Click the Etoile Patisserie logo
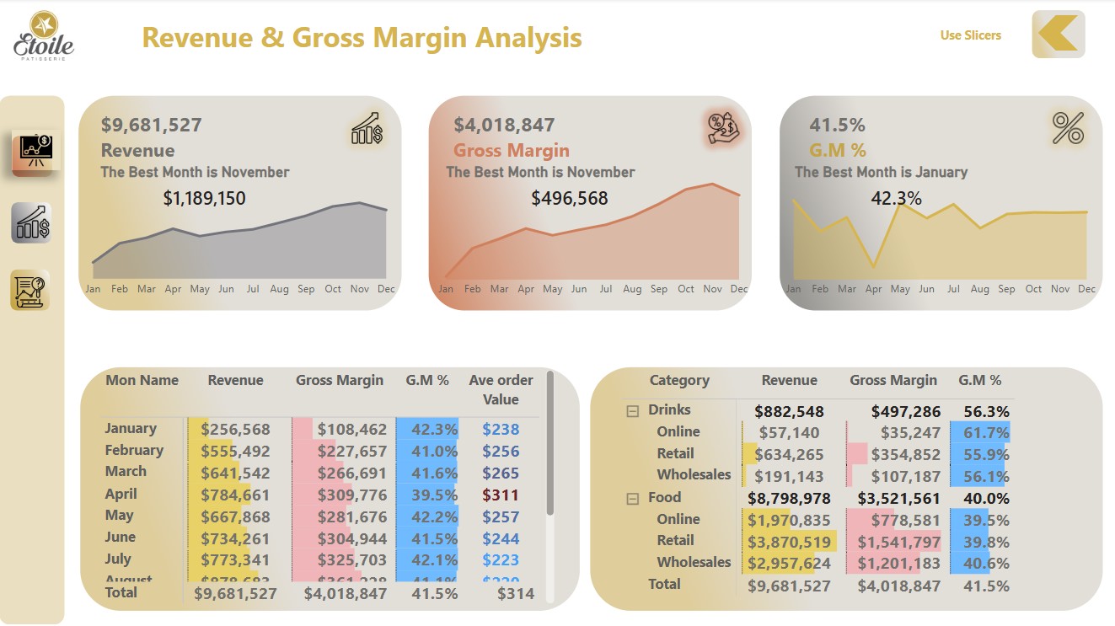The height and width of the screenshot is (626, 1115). pyautogui.click(x=44, y=36)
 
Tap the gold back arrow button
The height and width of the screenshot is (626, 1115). pyautogui.click(x=1058, y=35)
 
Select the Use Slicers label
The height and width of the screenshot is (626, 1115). pyautogui.click(x=970, y=35)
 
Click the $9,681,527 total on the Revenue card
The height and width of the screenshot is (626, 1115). pyautogui.click(x=152, y=126)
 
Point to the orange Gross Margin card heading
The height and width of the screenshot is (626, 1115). pyautogui.click(x=512, y=151)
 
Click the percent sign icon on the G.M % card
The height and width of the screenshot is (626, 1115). pyautogui.click(x=1068, y=128)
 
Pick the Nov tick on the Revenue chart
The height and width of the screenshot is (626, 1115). pyautogui.click(x=360, y=289)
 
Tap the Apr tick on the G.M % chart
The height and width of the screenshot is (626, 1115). pyautogui.click(x=874, y=289)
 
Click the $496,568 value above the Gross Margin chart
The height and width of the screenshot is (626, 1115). pyautogui.click(x=570, y=199)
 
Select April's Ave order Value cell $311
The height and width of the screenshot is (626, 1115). pyautogui.click(x=501, y=495)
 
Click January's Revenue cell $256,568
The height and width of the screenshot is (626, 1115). pyautogui.click(x=236, y=430)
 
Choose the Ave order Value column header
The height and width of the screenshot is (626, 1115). pyautogui.click(x=501, y=389)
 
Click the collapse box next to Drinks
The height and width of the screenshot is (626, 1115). pyautogui.click(x=633, y=411)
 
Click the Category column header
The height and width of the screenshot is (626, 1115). pyautogui.click(x=679, y=381)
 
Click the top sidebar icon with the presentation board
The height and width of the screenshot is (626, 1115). pyautogui.click(x=35, y=152)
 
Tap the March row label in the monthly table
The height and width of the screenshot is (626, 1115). pyautogui.click(x=126, y=472)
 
